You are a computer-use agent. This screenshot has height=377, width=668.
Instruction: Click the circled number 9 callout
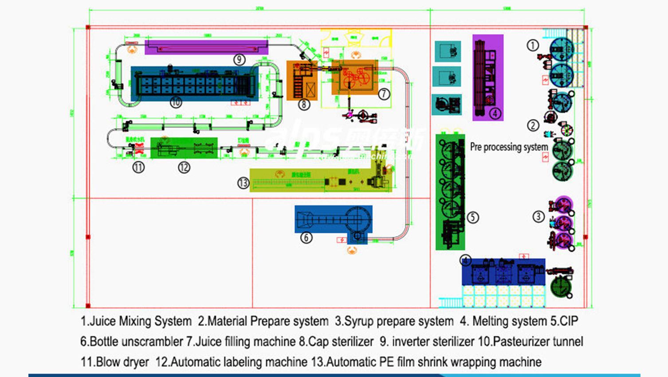[239, 59]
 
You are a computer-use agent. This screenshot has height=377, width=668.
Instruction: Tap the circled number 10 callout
[176, 103]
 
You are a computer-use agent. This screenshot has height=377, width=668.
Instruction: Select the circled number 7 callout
[384, 94]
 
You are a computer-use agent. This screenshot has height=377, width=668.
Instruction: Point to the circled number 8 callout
[304, 105]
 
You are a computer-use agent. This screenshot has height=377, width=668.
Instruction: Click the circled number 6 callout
[306, 238]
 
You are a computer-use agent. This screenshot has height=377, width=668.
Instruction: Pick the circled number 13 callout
[243, 183]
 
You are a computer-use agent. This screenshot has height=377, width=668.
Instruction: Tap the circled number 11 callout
[138, 167]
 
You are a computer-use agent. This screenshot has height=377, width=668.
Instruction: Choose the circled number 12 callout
[184, 167]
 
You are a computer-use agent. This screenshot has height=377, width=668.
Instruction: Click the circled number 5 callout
[473, 218]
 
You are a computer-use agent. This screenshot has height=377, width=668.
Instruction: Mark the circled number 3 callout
[538, 217]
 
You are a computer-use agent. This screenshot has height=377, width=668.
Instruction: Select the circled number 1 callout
[533, 45]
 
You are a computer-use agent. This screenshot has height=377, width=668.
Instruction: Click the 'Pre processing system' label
[509, 147]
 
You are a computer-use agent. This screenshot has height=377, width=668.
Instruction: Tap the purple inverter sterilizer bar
[206, 47]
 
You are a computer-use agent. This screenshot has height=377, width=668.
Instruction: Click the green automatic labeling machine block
[184, 148]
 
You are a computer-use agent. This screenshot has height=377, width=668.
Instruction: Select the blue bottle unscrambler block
[333, 219]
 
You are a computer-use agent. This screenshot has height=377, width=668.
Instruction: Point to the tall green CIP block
[450, 192]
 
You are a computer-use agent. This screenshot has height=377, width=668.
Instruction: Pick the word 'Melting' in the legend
[490, 321]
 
